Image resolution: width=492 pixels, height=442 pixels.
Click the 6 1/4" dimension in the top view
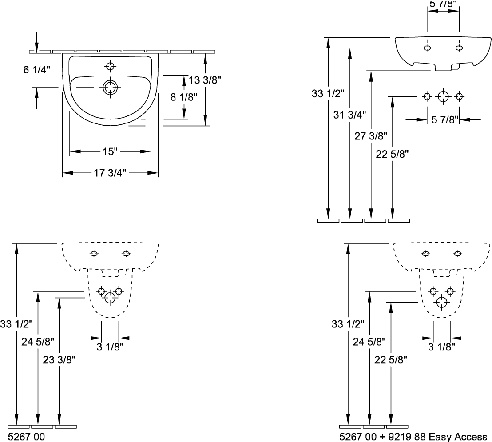click(x=37, y=69)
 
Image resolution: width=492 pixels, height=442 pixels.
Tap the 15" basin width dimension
click(x=108, y=152)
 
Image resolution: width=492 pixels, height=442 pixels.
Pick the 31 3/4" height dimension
click(x=350, y=115)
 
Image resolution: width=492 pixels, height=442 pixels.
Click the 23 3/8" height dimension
click(x=58, y=361)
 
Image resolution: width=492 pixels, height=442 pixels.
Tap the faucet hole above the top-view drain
click(x=110, y=67)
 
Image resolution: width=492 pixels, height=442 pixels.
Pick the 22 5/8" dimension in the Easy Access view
click(x=391, y=361)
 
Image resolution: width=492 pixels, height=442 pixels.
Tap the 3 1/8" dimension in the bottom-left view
click(x=109, y=346)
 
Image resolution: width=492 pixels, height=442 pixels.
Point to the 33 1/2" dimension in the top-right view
click(x=328, y=94)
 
